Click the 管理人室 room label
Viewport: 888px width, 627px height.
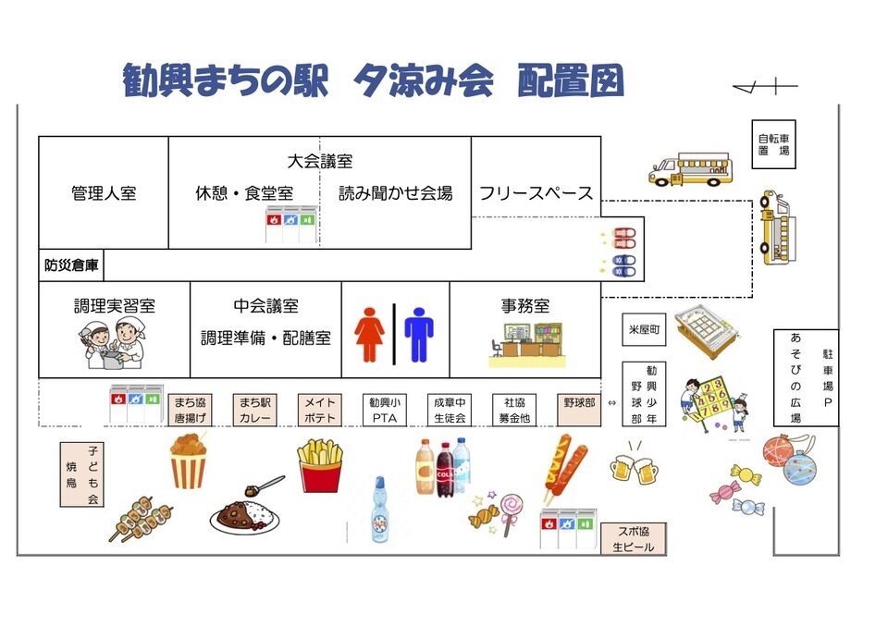click(x=104, y=193)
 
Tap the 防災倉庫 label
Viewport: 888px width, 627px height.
click(x=71, y=265)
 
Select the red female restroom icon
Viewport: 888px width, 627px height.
click(x=369, y=335)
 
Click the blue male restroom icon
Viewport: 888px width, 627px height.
click(x=418, y=335)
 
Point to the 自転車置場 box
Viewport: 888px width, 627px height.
click(x=773, y=144)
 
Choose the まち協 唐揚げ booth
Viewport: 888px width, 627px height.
click(x=190, y=410)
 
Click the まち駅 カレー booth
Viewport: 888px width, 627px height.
click(x=255, y=410)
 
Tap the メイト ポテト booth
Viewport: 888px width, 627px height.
click(x=320, y=410)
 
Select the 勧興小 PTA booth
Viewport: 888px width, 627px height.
click(x=385, y=410)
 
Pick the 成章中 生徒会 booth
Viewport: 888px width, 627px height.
click(x=450, y=410)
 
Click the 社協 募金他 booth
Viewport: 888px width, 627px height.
click(x=514, y=410)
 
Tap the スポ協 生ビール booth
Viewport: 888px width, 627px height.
click(x=633, y=538)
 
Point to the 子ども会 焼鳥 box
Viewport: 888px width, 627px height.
click(x=82, y=474)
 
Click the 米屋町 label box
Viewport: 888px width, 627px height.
click(x=644, y=329)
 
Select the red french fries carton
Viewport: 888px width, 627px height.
click(x=320, y=466)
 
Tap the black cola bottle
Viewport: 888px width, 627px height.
click(x=445, y=470)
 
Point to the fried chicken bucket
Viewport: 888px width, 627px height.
click(x=189, y=461)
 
